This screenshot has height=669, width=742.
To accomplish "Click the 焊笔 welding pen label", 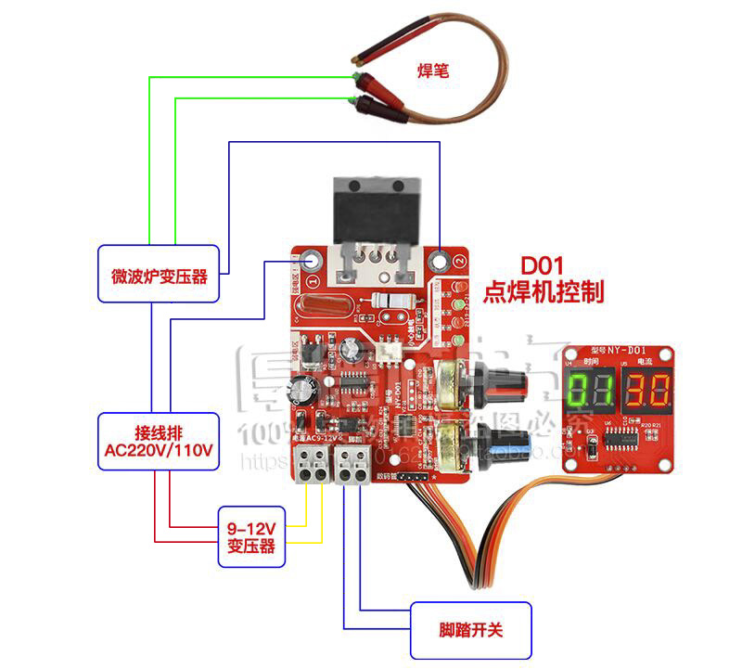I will coord(433,70).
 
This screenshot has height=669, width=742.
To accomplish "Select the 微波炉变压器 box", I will coord(159,274).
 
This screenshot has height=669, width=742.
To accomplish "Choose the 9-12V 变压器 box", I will coord(251,537).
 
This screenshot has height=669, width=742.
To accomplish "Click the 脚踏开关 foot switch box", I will coord(470,631).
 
